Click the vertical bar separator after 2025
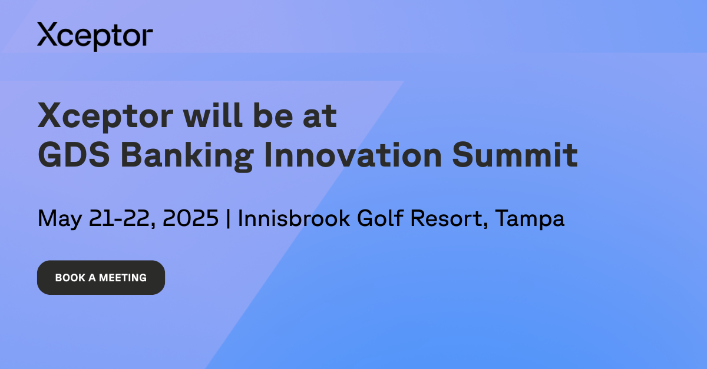click(x=229, y=218)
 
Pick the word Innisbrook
click(x=295, y=218)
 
